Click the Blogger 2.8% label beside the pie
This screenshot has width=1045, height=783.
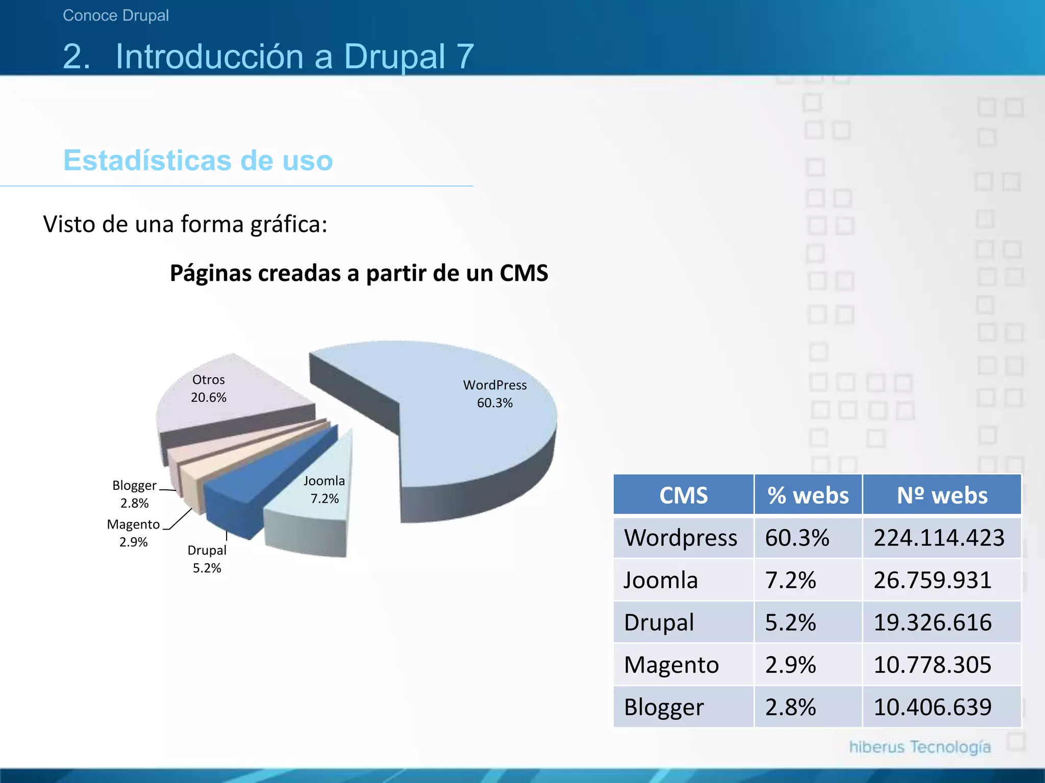pos(135,493)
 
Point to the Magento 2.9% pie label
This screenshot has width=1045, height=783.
pos(134,533)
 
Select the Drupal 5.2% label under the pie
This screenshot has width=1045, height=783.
pos(207,559)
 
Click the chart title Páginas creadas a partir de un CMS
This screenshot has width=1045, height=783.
pos(359,273)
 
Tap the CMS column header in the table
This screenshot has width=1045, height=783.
pos(683,495)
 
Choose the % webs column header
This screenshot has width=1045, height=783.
pos(808,495)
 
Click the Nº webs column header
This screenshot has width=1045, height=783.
pos(942,495)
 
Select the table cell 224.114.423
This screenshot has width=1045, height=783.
pos(939,538)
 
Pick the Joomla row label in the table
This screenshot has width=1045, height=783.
pos(661,580)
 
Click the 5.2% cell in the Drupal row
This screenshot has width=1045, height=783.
pos(790,622)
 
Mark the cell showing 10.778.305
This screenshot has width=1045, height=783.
pos(932,665)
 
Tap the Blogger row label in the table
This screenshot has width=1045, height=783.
pos(664,707)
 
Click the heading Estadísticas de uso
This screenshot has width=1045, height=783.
pos(198,160)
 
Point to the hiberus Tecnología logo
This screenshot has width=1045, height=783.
pos(919,747)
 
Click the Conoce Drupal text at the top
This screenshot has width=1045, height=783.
pos(116,15)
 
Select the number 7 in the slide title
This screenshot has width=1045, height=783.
pos(465,56)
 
